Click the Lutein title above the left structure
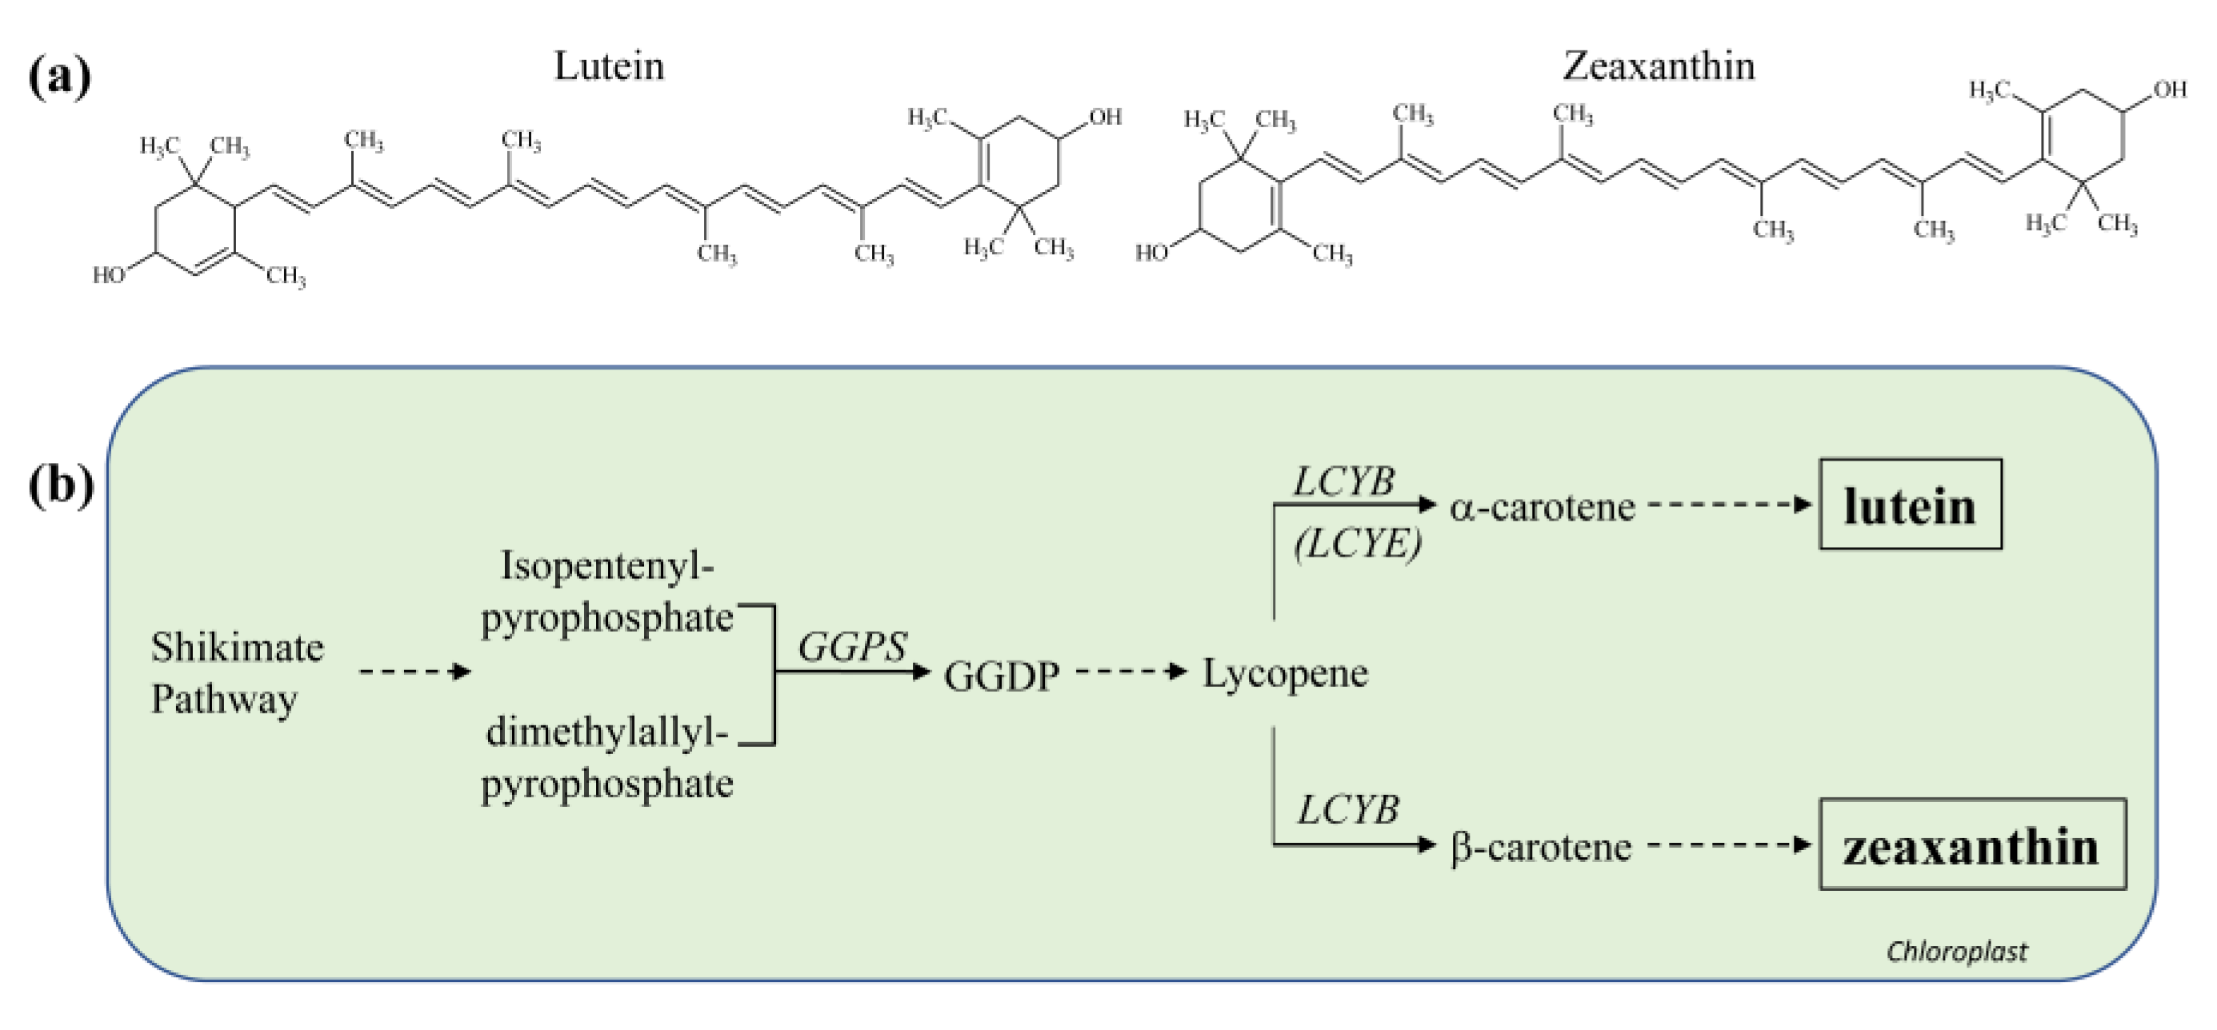[x=609, y=66]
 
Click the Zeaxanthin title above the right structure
[x=1658, y=66]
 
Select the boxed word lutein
[x=1909, y=505]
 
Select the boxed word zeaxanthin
[x=1971, y=846]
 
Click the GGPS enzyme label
[x=852, y=647]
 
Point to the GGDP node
[x=1001, y=676]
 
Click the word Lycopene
[x=1284, y=673]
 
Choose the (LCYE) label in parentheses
[x=1357, y=544]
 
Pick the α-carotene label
[x=1542, y=507]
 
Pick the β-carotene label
[x=1541, y=848]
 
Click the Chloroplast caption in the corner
[x=1956, y=951]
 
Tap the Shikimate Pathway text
[x=237, y=673]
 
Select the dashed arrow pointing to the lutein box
[x=1729, y=505]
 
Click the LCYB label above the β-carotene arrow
[x=1348, y=810]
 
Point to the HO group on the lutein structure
[x=110, y=275]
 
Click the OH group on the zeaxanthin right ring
[x=2169, y=90]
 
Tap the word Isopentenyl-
[x=606, y=566]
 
